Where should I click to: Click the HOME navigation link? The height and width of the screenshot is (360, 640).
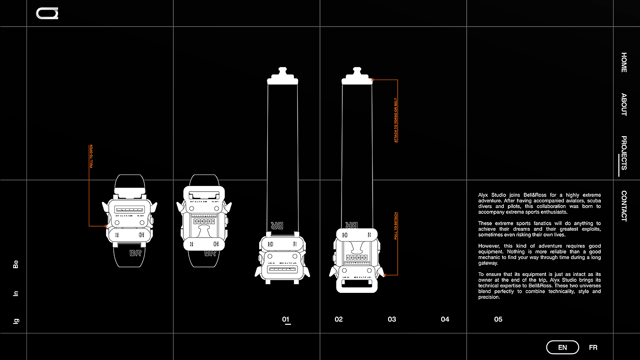point(624,62)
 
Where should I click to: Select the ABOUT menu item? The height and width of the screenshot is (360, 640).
point(624,105)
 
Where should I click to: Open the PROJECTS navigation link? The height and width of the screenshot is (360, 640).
point(624,153)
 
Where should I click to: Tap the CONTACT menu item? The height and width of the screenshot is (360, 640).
point(624,206)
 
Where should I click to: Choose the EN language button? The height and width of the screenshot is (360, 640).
point(562,348)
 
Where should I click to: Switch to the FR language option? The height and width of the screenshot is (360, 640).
point(593,348)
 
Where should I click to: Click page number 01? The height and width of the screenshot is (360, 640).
point(286,319)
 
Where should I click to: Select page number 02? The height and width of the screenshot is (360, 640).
point(339,319)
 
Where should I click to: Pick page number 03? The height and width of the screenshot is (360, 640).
point(392,319)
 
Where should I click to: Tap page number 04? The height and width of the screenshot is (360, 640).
point(445,319)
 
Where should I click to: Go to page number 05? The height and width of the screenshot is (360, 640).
point(498,319)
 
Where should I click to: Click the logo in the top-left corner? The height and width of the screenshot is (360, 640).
point(47,14)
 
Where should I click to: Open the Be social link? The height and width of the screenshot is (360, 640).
point(16,264)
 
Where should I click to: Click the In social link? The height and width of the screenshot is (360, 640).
point(16,293)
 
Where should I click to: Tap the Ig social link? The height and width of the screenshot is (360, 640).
point(16,321)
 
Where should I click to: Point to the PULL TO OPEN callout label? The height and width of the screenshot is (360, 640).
point(91,156)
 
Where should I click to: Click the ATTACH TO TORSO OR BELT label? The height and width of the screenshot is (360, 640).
point(396,120)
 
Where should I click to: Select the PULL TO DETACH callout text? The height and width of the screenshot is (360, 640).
point(396,226)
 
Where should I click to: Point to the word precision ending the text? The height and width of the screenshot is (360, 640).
point(489,297)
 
